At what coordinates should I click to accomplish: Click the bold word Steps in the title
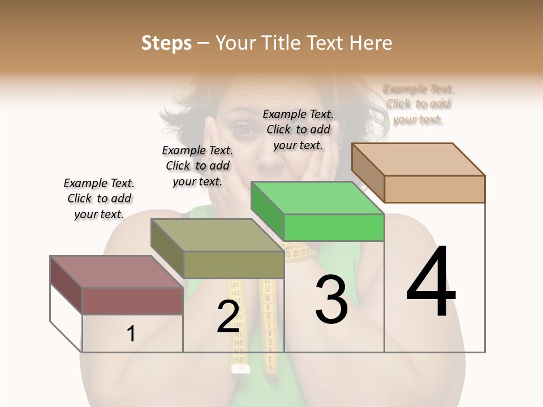point(166,43)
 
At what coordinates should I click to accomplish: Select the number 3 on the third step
point(331,300)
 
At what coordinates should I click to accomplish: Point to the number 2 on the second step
point(228,317)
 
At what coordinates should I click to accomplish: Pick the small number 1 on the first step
point(131,334)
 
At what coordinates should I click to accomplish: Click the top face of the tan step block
point(419,159)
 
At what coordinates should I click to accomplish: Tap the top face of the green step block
point(317,198)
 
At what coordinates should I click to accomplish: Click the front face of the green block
point(334,228)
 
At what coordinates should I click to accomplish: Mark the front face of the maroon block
point(132,301)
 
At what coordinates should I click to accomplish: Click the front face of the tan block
point(434,189)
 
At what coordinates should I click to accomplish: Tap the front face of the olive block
point(234,265)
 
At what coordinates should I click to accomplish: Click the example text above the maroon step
point(99,198)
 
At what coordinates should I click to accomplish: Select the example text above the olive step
point(197,166)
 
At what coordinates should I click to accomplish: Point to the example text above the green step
point(298,129)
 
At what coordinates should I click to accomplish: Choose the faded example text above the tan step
point(419,104)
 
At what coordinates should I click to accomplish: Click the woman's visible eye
point(244,130)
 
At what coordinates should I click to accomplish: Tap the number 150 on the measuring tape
point(239,360)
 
